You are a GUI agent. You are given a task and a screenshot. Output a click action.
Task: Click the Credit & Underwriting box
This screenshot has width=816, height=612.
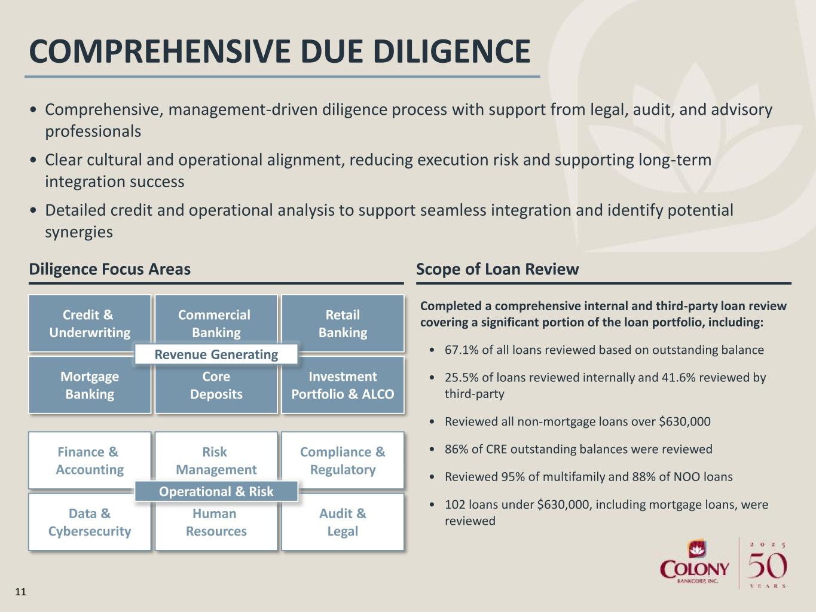pos(90,323)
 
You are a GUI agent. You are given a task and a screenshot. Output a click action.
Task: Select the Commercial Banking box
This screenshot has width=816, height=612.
pos(216,323)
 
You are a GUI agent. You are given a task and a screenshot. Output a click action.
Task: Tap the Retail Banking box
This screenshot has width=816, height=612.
pos(343,323)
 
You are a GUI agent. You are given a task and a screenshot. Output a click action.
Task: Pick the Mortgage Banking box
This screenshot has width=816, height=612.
pos(90,385)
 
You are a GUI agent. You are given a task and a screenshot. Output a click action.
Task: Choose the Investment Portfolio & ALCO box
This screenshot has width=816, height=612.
pos(343,385)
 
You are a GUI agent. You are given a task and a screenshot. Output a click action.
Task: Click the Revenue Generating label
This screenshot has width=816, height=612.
pos(216,354)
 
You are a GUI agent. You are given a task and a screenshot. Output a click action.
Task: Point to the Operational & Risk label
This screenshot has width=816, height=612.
pos(216,491)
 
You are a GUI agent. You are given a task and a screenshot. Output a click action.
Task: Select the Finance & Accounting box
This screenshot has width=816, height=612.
pos(90,460)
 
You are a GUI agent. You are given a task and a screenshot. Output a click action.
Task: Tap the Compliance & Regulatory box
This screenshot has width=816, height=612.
pos(343,460)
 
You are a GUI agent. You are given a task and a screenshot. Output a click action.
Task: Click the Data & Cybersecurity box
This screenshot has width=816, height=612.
pos(90,522)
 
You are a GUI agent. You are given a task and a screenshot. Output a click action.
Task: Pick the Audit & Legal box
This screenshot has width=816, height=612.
pos(343,522)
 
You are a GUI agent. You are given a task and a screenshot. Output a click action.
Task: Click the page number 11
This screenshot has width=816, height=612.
pos(20,592)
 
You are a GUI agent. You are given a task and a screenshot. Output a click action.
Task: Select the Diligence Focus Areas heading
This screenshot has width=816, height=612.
pos(109,270)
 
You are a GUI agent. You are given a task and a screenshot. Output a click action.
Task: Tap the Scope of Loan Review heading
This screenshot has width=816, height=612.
pos(497,270)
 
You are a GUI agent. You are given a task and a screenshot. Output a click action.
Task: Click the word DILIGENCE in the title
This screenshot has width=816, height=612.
pos(452,51)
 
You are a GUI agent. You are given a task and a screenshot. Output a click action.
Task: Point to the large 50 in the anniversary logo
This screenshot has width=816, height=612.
pos(768,565)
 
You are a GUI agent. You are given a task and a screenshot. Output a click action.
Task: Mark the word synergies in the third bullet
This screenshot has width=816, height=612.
pos(79,232)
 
